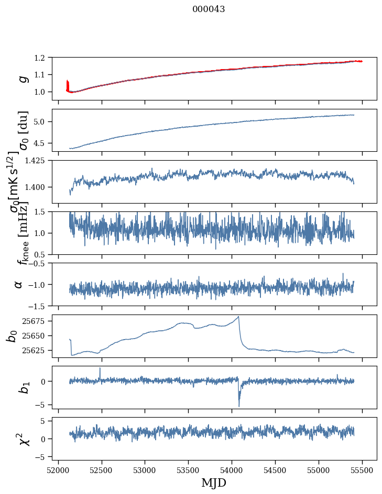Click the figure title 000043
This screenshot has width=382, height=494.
pyautogui.click(x=209, y=9)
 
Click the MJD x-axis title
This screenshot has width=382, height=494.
pyautogui.click(x=214, y=482)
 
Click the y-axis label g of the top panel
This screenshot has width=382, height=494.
pyautogui.click(x=21, y=78)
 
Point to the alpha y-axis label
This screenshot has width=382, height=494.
pyautogui.click(x=19, y=284)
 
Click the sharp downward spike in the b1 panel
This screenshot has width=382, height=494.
pyautogui.click(x=239, y=405)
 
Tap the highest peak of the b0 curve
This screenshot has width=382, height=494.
pyautogui.click(x=239, y=317)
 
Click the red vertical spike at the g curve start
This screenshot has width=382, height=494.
pyautogui.click(x=68, y=84)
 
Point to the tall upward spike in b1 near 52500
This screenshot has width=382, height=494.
pyautogui.click(x=100, y=368)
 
